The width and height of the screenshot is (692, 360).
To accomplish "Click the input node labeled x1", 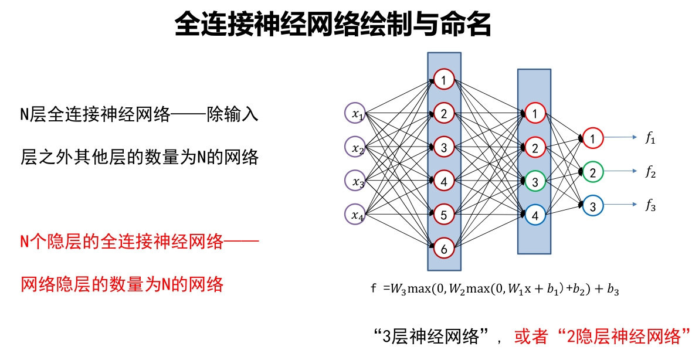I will click(x=355, y=114).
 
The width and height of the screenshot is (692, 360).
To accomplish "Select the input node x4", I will click(x=355, y=214).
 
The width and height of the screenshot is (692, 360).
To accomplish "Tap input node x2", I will click(x=355, y=147).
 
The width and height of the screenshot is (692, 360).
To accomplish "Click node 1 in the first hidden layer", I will click(x=444, y=79).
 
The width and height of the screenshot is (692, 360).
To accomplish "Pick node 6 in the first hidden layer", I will click(x=444, y=249).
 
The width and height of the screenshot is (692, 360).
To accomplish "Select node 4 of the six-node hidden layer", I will click(x=444, y=181).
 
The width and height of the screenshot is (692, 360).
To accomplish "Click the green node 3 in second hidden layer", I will click(x=534, y=182).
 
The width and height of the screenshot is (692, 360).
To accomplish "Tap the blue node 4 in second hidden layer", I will click(x=534, y=215).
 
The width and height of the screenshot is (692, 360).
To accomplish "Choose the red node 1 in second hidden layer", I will click(x=534, y=114).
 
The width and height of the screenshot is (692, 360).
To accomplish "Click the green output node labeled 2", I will click(x=592, y=172).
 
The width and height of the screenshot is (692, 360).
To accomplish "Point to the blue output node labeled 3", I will click(x=592, y=206).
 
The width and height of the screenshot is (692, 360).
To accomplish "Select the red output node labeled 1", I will click(x=592, y=138).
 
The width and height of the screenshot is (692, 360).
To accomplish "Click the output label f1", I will click(x=650, y=139).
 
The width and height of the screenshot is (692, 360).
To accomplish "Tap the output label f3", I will click(x=650, y=206).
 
